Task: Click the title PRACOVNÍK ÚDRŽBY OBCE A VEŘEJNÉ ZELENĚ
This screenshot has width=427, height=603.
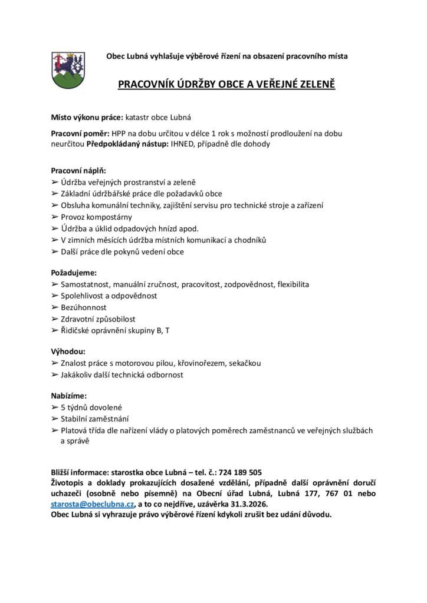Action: (x=227, y=84)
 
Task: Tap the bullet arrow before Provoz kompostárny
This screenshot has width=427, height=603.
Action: (x=55, y=217)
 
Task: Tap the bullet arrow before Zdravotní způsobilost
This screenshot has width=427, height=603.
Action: (x=55, y=319)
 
